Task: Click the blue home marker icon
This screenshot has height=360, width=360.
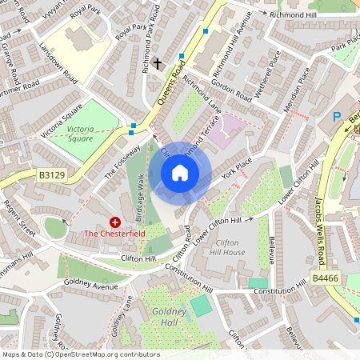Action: [x=180, y=173]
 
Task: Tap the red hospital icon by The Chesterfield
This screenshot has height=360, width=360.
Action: [x=115, y=222]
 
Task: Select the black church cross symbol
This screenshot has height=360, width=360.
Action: [x=158, y=62]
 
